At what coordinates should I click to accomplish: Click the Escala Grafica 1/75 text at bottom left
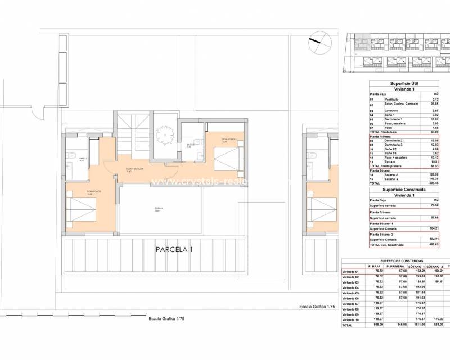point(166,318)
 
